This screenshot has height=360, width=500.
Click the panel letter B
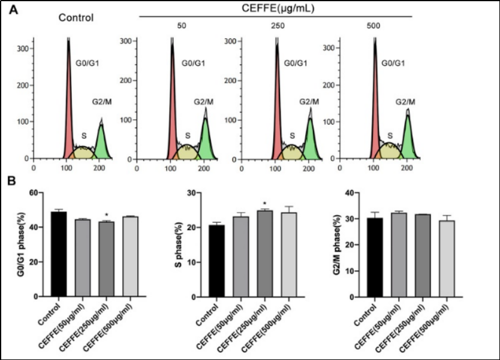pos(19,180)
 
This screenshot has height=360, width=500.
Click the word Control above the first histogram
pos(76,17)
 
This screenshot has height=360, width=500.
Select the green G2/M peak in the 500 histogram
pos(407,141)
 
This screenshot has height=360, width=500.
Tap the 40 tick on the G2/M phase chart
pos(366,193)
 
